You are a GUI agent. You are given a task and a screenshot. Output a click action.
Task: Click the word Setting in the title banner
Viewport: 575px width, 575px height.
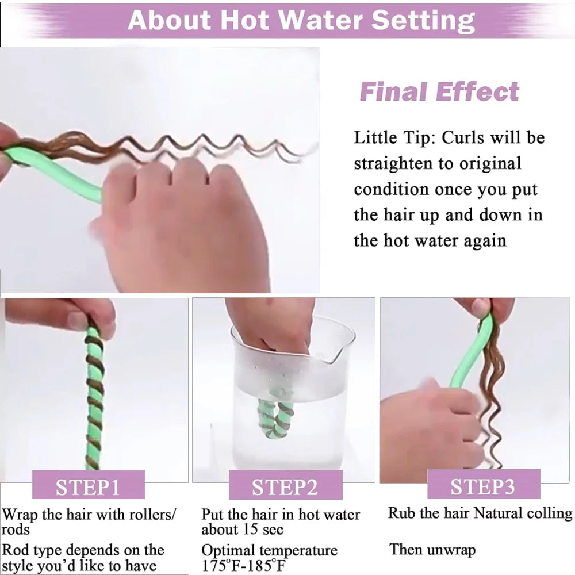tap(424, 21)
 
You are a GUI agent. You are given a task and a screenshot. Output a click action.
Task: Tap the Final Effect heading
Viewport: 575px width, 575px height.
tap(439, 91)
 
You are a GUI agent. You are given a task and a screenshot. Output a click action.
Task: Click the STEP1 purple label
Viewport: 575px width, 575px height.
tap(88, 485)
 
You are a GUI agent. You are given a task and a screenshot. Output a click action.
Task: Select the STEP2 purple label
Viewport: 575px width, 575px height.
tap(285, 485)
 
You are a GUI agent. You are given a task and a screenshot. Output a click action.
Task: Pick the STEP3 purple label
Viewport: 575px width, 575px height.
tap(484, 484)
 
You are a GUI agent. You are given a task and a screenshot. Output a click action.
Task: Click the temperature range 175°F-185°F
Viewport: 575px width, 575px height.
tap(243, 565)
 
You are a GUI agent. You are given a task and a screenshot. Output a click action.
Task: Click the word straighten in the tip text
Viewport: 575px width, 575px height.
tap(393, 163)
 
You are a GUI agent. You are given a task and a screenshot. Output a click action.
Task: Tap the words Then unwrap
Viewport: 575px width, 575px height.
tap(432, 549)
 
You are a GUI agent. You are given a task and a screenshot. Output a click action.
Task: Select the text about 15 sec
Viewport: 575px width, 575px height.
tap(243, 530)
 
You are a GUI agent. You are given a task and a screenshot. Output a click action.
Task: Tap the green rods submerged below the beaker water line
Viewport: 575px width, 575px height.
tap(275, 419)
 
